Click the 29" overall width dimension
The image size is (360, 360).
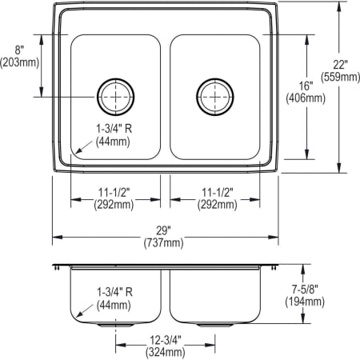[x=166, y=230]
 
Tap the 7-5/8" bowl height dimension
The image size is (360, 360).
[x=305, y=289]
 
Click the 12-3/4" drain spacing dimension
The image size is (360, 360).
[x=166, y=339]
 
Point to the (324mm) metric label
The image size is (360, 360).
[x=166, y=351]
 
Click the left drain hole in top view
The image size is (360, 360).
[x=116, y=97]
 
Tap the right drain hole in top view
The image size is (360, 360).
[x=214, y=97]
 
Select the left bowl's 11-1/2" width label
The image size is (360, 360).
[x=116, y=193]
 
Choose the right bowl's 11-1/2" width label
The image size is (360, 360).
[x=215, y=193]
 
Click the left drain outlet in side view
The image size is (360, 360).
[x=116, y=326]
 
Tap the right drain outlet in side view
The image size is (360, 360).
[x=214, y=326]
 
